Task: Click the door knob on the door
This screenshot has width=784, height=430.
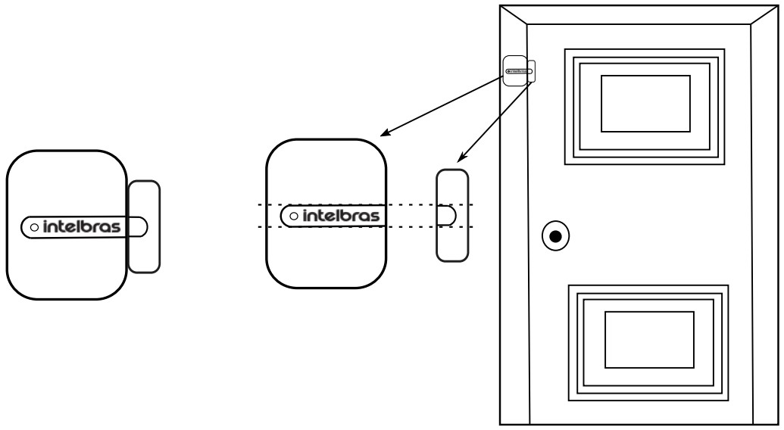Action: coord(556,237)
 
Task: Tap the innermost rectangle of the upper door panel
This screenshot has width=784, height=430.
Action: coord(645,104)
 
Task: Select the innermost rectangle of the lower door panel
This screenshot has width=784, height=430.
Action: coord(648,340)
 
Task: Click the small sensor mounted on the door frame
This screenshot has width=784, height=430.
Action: coord(519,71)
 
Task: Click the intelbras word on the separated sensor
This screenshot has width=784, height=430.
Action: coord(340,217)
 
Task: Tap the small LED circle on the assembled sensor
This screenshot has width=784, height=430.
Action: coord(33,226)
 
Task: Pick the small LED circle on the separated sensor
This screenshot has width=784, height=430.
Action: coord(293,217)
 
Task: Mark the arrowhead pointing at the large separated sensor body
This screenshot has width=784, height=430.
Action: coord(384,134)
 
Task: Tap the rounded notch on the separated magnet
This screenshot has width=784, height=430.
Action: coord(446,216)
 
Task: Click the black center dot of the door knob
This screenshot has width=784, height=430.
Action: coord(556,237)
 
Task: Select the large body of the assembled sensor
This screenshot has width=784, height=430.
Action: coord(65,257)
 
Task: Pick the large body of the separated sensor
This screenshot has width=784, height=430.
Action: coord(326,257)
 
